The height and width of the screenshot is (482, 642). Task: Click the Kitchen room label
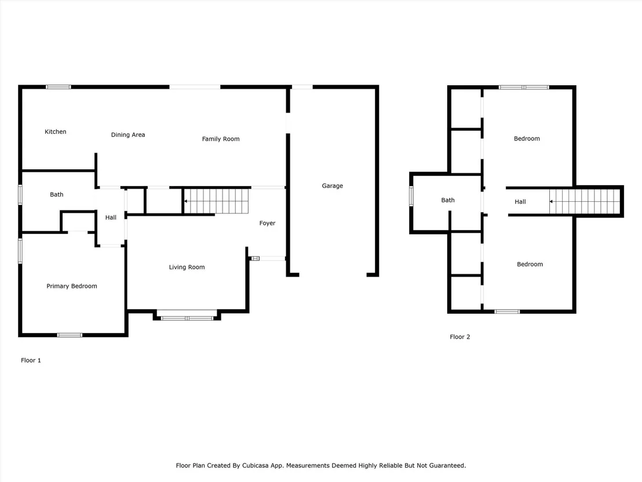[55, 132]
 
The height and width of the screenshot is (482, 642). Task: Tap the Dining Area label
[127, 135]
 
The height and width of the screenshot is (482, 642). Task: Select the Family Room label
[221, 139]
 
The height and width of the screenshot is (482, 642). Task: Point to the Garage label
[332, 186]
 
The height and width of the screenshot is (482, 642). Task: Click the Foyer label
[267, 223]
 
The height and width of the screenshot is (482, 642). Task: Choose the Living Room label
[187, 267]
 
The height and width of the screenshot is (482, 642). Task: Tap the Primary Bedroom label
[72, 286]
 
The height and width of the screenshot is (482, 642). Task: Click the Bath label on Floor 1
[57, 194]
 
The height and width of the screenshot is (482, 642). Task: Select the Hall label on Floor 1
[111, 218]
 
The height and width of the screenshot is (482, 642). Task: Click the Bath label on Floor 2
[447, 200]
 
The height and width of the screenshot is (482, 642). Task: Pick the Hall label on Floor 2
[520, 202]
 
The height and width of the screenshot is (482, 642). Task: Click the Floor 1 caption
[31, 360]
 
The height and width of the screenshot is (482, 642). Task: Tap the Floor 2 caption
[460, 337]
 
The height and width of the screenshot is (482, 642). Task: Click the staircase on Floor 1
[216, 201]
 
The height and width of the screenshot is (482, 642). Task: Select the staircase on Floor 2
[585, 202]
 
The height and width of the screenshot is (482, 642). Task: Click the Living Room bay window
[187, 318]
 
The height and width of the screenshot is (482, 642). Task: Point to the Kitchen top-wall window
[58, 87]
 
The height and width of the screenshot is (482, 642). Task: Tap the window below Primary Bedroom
[70, 335]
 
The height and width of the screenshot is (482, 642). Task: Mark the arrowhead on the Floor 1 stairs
[186, 201]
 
